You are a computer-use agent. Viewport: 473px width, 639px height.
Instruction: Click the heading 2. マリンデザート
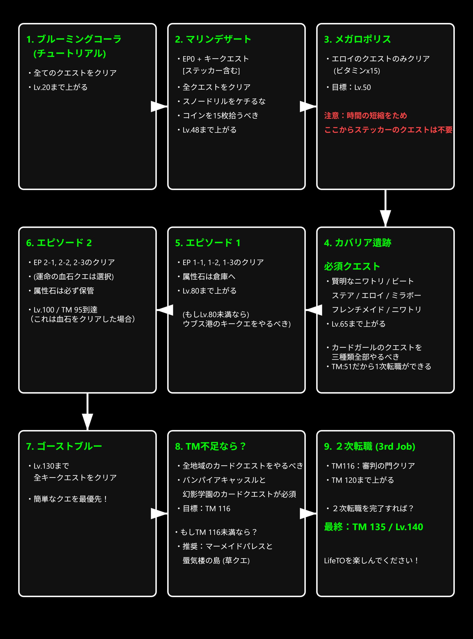click(x=213, y=39)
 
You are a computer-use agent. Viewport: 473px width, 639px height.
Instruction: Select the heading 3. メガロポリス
click(x=357, y=39)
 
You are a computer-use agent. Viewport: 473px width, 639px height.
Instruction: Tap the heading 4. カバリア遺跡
click(x=357, y=243)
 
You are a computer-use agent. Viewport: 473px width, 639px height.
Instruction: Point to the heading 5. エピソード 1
click(x=208, y=243)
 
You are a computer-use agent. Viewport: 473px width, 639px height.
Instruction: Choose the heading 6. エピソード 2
click(x=59, y=243)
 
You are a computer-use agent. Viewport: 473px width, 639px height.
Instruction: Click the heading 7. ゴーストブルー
click(x=64, y=446)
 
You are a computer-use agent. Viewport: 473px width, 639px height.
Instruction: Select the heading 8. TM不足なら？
click(x=210, y=446)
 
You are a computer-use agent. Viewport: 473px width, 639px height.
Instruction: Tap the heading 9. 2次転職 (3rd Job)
click(x=369, y=446)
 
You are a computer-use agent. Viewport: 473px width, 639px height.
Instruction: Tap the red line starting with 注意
click(x=365, y=115)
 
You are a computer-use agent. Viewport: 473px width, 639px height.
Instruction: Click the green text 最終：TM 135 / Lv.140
click(x=373, y=527)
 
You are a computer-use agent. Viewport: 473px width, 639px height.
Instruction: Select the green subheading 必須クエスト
click(x=352, y=266)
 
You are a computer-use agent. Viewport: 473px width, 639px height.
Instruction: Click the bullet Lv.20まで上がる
click(x=60, y=87)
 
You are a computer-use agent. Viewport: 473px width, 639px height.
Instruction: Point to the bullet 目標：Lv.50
click(x=351, y=87)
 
